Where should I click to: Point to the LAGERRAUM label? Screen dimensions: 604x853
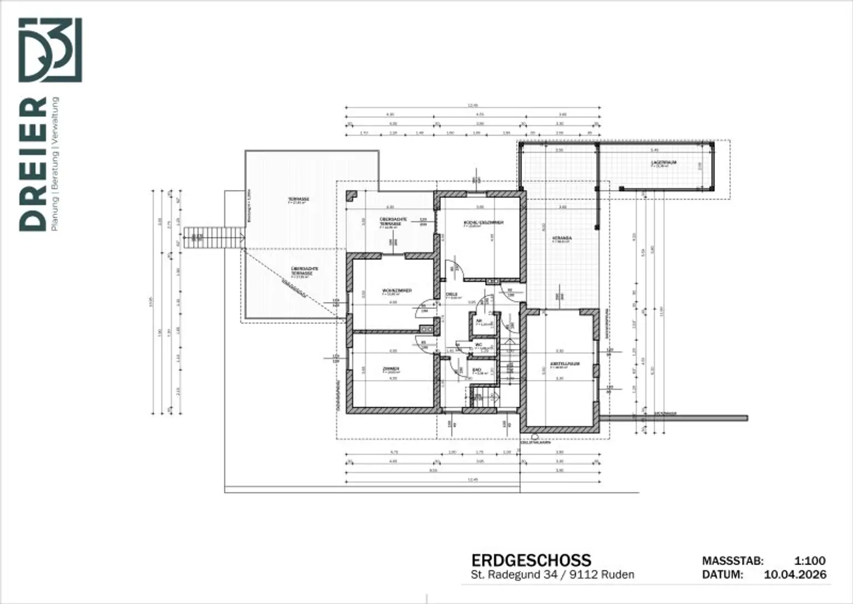[663, 163]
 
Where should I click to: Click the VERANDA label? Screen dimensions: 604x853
[562, 238]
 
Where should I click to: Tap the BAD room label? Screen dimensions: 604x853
[476, 370]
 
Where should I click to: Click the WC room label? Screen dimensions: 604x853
[479, 345]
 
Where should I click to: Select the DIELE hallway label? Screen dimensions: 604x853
[451, 294]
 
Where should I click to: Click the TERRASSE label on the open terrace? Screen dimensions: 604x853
[298, 199]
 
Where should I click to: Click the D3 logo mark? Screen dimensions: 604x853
[51, 50]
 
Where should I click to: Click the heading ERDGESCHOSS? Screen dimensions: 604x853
[531, 560]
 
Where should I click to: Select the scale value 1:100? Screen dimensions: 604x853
[810, 561]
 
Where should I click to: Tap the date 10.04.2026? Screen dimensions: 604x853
[795, 575]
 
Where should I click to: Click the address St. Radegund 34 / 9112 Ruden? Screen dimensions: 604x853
[552, 575]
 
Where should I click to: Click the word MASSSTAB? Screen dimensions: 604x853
[732, 561]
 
